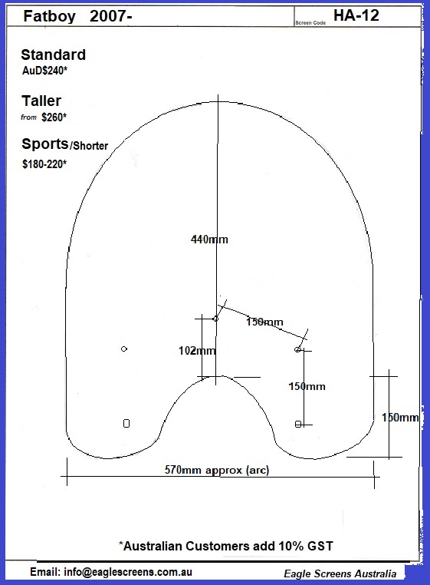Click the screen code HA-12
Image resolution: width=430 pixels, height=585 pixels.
coord(356,15)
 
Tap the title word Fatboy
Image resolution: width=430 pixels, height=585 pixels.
coord(49,16)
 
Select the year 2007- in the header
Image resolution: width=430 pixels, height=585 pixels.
coord(110,16)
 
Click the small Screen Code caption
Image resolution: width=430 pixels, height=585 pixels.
coord(310,23)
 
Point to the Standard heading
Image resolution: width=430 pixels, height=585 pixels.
coord(54,55)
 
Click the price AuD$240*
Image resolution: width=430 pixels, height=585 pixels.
coord(44,71)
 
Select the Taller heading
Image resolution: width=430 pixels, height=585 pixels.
coord(41,101)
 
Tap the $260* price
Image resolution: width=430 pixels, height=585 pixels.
coord(54,117)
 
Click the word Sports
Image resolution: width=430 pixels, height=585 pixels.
coord(45,144)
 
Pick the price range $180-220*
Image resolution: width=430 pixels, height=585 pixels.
coord(44,164)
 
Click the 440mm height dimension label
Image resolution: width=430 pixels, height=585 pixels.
coord(209,240)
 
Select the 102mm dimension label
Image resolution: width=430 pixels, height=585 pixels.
coord(197,350)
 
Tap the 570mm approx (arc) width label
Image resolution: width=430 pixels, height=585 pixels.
coord(217,470)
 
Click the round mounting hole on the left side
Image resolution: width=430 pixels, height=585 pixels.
coord(124,349)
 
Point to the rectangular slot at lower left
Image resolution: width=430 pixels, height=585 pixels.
coord(126,424)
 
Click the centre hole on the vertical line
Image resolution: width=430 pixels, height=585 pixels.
coord(215,319)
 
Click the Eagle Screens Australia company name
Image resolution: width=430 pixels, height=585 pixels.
coord(340,573)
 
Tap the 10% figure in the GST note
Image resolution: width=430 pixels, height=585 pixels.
coord(291,546)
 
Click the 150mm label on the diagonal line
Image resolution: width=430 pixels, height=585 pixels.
coord(264,322)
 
